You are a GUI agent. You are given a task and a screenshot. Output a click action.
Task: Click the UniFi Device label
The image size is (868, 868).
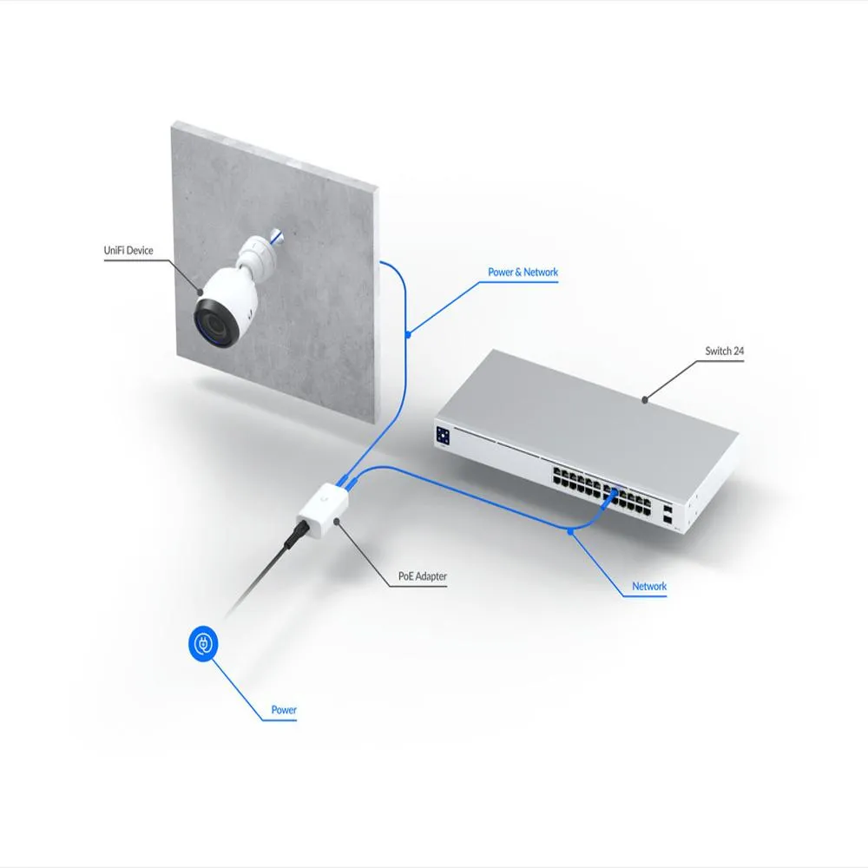click(x=128, y=250)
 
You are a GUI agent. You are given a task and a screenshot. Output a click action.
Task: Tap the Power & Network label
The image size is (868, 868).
click(x=523, y=272)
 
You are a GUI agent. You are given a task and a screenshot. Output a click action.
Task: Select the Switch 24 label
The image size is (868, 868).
click(x=724, y=351)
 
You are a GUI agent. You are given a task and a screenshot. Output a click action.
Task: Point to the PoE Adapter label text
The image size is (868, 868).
click(x=423, y=575)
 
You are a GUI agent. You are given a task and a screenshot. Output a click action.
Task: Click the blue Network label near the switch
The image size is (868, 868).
click(x=648, y=586)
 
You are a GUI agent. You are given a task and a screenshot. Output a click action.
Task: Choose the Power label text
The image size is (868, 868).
click(x=284, y=709)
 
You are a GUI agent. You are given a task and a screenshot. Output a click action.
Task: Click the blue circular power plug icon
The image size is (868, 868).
click(x=203, y=643)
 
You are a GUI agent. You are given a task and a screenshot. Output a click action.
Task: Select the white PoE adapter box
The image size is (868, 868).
click(x=323, y=510)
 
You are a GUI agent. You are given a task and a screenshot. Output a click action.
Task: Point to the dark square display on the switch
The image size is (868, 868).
click(x=443, y=435)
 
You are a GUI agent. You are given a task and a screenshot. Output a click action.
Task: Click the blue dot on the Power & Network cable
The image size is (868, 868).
click(x=408, y=334)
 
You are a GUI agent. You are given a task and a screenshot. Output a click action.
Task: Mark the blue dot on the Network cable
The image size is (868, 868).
click(x=570, y=531)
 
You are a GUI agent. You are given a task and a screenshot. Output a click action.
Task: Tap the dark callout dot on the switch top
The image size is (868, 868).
click(x=644, y=399)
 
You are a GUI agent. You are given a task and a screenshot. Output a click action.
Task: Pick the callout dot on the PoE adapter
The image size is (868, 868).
click(x=336, y=522)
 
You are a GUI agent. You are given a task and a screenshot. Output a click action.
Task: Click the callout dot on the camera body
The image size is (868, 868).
click(x=201, y=293)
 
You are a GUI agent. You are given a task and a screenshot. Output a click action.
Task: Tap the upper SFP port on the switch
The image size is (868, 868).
click(x=667, y=508)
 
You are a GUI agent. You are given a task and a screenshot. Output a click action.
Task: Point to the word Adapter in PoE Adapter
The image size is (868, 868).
click(x=431, y=576)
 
